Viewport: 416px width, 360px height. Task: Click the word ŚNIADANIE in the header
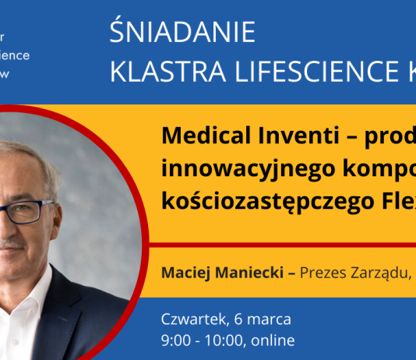point(183,34)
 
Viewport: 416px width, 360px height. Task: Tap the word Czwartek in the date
point(189,319)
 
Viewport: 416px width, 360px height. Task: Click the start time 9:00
point(175,341)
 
